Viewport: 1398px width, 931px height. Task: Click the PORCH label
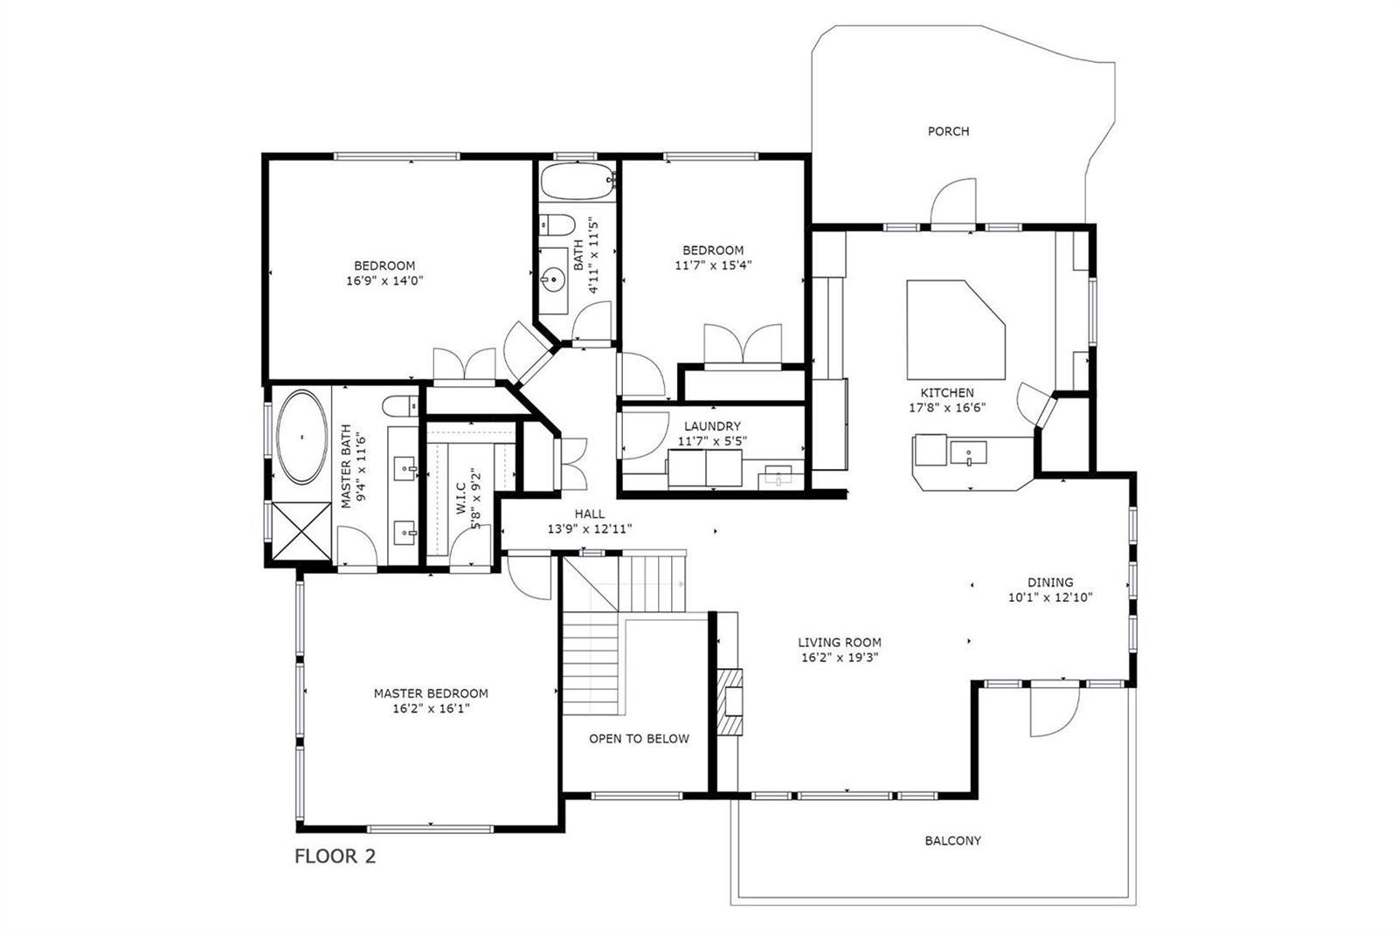point(948,131)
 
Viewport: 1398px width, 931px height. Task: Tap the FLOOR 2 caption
point(336,856)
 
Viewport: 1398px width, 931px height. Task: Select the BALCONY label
point(952,840)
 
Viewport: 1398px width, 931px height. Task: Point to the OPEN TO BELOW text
point(639,739)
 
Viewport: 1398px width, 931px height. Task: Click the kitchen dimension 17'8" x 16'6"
point(947,408)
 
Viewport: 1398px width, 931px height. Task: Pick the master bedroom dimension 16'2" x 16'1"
point(431,708)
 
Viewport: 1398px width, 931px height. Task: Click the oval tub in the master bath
point(302,437)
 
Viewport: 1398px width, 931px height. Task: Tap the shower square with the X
point(302,531)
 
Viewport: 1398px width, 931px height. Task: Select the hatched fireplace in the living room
point(729,702)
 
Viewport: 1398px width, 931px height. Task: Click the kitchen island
point(956,329)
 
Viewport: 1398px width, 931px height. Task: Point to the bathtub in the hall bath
point(578,182)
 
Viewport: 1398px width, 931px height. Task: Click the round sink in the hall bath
point(553,279)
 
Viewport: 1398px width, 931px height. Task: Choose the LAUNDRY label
point(712,426)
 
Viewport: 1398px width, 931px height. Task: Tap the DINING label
point(1050,583)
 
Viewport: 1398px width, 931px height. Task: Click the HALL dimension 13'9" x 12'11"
point(590,529)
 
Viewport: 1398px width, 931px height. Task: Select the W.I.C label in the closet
point(461,499)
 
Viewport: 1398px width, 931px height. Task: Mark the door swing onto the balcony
point(1055,712)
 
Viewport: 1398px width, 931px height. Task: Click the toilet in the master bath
point(400,406)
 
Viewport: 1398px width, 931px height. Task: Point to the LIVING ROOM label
point(840,642)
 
